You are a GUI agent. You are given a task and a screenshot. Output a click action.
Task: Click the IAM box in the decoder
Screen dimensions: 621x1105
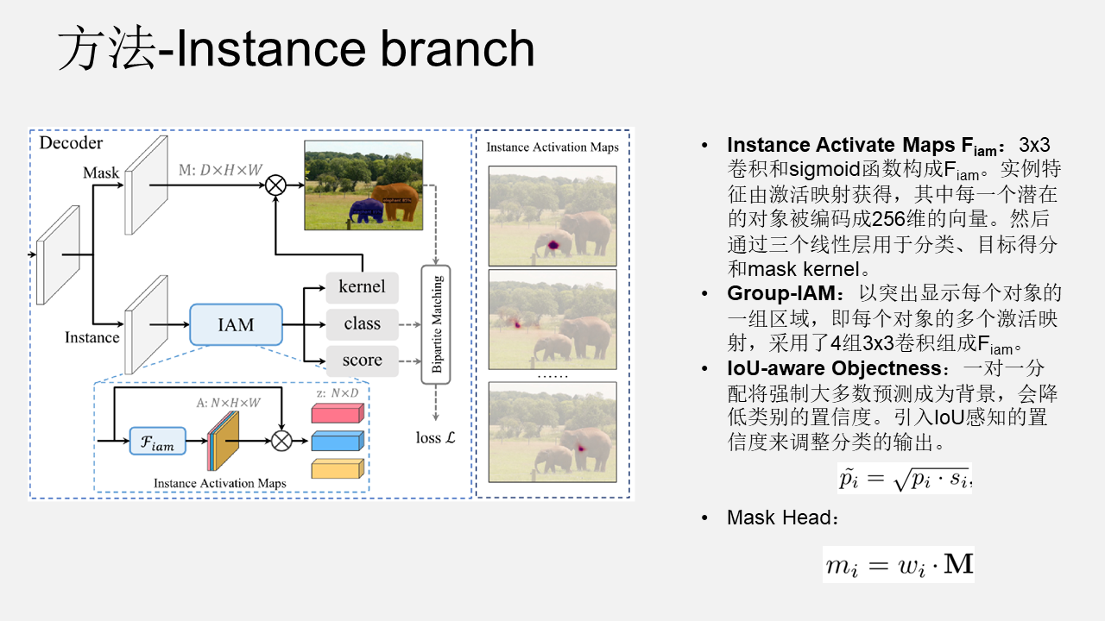tap(236, 325)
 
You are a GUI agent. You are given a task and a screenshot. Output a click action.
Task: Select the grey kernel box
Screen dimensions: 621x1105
tap(362, 286)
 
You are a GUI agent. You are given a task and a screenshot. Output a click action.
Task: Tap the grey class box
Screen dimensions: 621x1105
tap(362, 324)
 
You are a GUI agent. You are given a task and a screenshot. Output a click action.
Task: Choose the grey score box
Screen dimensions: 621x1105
tap(362, 361)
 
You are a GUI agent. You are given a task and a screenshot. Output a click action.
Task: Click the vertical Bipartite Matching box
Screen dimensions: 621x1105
tap(437, 324)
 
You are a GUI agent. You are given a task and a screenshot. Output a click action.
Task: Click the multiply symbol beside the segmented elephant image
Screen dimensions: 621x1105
tap(276, 185)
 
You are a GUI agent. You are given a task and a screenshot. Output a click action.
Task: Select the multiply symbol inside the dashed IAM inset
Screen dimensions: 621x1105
tap(281, 441)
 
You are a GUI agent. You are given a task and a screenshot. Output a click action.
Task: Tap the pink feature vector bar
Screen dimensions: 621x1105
tap(337, 413)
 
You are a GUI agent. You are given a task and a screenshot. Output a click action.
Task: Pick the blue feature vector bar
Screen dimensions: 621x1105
tap(337, 441)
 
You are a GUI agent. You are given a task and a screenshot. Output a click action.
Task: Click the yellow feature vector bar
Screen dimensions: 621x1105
tap(337, 468)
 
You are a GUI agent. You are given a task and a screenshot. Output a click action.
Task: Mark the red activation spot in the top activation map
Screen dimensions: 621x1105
tap(552, 247)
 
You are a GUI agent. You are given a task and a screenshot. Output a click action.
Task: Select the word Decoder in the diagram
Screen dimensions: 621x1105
tap(71, 143)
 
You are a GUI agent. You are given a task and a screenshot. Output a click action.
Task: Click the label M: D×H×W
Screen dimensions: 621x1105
tap(220, 170)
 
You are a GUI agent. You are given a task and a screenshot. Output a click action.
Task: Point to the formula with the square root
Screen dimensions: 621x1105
tap(905, 478)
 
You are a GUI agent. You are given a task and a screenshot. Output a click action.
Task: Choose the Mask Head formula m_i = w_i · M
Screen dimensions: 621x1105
tap(898, 565)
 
